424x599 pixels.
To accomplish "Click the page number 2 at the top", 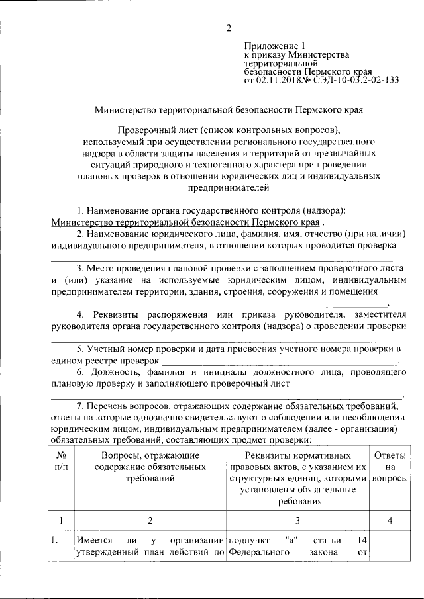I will (229, 28).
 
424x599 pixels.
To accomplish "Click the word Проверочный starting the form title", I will (147, 130).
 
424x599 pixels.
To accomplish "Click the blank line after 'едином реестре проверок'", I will (278, 360).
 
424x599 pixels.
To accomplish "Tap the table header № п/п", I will (60, 461).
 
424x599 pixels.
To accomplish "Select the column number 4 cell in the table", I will (390, 521).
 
